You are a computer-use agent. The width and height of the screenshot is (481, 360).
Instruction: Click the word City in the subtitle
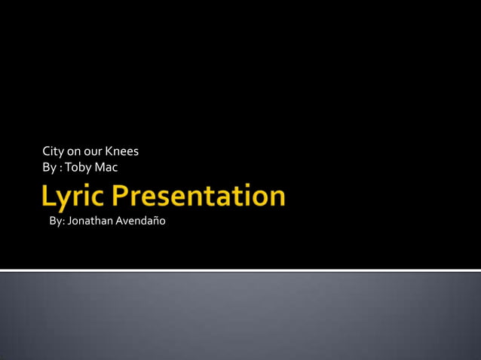pos(54,151)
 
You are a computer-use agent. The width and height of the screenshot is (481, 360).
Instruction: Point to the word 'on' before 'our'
pos(75,151)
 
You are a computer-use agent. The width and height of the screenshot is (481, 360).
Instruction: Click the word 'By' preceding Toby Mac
pos(50,167)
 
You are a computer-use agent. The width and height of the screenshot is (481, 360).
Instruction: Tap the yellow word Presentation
pos(199,196)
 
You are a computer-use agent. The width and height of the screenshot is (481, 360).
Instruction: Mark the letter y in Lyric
pos(65,200)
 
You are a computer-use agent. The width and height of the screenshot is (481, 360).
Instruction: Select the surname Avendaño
pos(140,221)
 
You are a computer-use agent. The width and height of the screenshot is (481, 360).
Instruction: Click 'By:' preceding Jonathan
pos(57,221)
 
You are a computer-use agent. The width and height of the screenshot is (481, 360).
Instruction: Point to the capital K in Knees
pos(109,151)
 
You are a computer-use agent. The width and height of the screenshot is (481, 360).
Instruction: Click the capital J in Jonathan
pos(70,221)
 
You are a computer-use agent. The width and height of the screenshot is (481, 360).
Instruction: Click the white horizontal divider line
pos(240,270)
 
